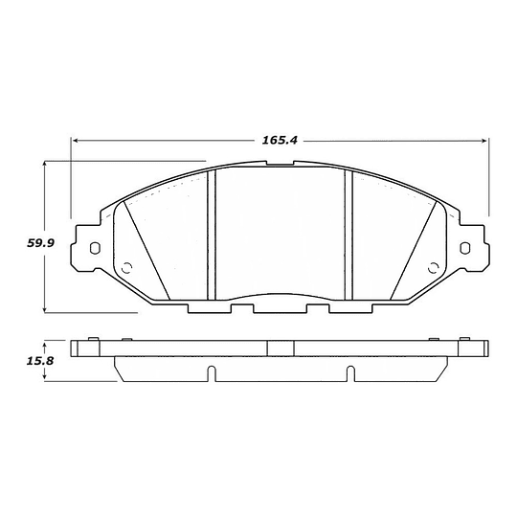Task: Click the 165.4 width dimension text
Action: coord(280,141)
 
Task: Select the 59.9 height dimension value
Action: coord(39,243)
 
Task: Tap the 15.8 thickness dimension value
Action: coord(39,362)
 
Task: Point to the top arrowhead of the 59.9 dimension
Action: coord(47,166)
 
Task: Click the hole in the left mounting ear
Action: coord(94,249)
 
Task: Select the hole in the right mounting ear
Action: coord(465,249)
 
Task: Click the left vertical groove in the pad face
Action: coord(213,234)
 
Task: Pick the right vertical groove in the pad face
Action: coord(349,234)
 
